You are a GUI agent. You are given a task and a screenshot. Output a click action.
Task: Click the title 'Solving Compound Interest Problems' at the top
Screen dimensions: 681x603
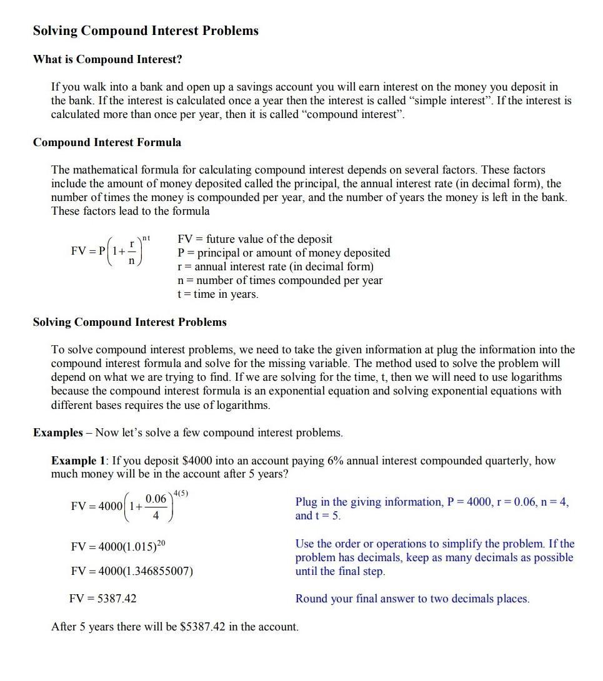coord(146,31)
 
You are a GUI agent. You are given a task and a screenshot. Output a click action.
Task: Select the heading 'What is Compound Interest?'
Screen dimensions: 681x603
coord(107,59)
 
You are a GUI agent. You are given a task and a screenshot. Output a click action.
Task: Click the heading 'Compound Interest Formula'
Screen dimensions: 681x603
coord(107,142)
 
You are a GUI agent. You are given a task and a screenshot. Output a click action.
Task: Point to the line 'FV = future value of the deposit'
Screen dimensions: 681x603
coord(255,239)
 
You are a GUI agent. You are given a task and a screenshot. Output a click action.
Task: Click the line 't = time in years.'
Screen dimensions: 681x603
coord(217,294)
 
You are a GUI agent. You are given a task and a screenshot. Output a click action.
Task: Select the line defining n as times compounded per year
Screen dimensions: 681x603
coord(280,280)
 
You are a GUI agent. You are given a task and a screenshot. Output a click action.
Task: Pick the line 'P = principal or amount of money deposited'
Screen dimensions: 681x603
coord(284,253)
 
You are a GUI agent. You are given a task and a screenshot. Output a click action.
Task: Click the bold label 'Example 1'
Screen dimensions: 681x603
coord(78,461)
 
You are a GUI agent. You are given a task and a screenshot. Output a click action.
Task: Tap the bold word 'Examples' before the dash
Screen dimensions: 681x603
coord(57,433)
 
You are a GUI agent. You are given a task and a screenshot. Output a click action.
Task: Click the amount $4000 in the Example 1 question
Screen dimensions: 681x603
coord(196,461)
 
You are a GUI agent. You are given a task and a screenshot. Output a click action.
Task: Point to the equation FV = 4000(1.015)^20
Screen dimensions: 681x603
coord(119,546)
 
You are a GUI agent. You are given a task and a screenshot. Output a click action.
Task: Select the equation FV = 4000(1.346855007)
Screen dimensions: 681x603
coord(132,571)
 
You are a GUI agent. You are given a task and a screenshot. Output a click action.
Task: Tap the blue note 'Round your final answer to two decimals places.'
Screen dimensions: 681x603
coord(412,599)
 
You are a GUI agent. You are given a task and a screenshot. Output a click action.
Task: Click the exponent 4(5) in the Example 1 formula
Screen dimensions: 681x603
coord(181,494)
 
